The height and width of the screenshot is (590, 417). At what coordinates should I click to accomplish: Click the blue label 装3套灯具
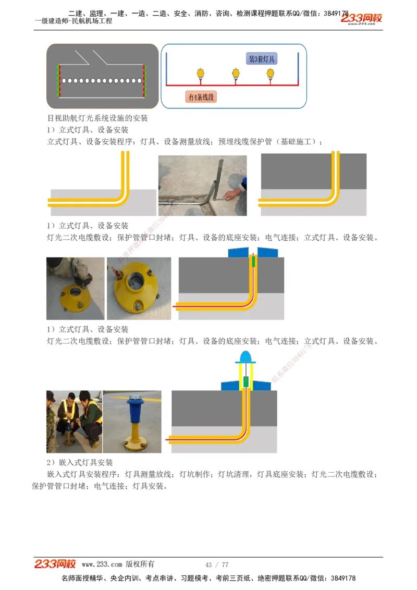(x=261, y=59)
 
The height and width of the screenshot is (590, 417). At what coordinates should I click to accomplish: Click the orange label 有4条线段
(x=201, y=97)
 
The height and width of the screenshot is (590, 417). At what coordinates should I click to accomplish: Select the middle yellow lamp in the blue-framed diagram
(x=236, y=73)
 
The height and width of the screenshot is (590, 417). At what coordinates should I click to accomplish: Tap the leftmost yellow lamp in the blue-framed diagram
(x=199, y=73)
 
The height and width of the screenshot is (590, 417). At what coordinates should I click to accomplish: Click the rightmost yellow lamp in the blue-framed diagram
(x=270, y=73)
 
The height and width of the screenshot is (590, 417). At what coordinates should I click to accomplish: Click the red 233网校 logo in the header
(x=361, y=19)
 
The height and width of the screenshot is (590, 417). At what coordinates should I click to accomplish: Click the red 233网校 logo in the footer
(x=55, y=564)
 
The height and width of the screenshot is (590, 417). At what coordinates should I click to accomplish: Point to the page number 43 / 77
(x=217, y=565)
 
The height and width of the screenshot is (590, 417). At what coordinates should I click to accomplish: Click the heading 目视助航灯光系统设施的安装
(x=97, y=118)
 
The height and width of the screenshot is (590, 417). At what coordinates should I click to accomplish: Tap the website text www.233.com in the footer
(x=102, y=564)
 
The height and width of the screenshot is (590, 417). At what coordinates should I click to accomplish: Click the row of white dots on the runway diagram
(x=102, y=81)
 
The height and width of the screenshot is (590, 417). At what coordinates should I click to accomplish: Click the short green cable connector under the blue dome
(x=246, y=382)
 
